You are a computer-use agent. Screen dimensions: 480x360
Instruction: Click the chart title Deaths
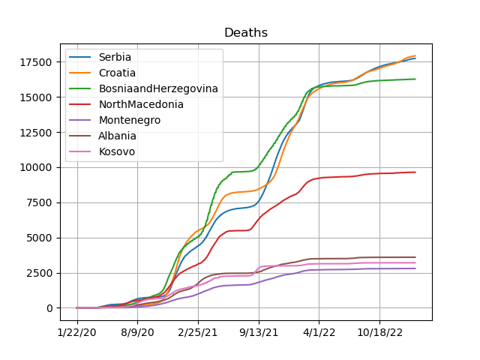(246, 32)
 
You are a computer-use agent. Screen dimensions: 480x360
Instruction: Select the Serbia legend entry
(115, 57)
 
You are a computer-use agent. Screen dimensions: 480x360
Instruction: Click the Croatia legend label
(117, 73)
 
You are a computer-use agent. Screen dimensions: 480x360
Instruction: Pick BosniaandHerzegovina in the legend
(158, 88)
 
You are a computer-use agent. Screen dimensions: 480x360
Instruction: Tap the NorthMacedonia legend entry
(141, 104)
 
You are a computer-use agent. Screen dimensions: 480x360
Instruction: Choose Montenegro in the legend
(130, 120)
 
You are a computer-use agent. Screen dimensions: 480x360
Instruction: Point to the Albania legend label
(117, 136)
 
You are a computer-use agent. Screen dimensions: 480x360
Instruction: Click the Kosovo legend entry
(117, 151)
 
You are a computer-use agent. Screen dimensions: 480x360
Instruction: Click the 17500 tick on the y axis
(36, 62)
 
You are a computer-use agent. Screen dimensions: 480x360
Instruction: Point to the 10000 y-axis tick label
(36, 167)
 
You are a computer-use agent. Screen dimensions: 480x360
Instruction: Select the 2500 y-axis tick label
(39, 273)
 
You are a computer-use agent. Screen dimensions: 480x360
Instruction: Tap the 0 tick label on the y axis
(49, 308)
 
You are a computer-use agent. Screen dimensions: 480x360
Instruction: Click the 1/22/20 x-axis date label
(76, 332)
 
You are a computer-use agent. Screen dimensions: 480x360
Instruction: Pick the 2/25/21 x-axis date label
(198, 332)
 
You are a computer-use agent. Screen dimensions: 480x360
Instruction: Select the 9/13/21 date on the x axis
(259, 332)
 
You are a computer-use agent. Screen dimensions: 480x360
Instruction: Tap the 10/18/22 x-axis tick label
(380, 332)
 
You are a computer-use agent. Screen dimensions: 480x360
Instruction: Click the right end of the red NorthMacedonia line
(415, 172)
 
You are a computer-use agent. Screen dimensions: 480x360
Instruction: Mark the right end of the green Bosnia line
(415, 79)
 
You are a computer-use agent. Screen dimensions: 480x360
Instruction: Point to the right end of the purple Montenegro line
(415, 268)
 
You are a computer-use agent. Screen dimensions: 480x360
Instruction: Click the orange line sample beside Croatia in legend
(80, 73)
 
